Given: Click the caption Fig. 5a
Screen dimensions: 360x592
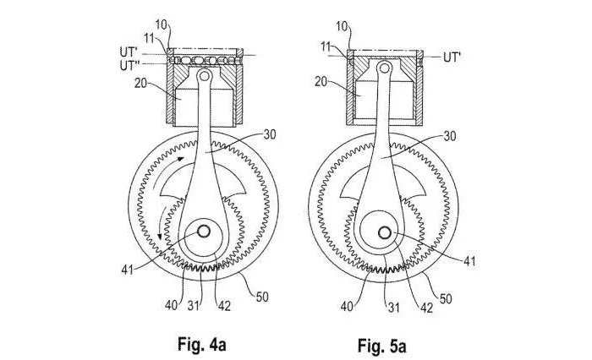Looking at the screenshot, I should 382,344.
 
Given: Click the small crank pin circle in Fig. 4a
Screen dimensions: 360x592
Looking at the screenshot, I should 205,229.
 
